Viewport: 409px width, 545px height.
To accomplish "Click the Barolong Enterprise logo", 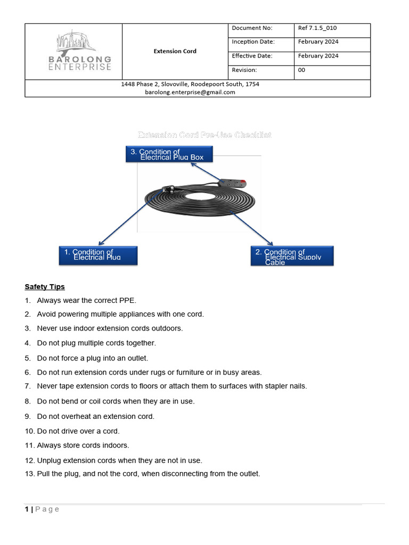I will tap(84, 51).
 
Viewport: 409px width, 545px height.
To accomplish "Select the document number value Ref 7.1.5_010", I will tap(317, 28).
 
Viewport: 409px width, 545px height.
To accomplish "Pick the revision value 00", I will tap(301, 70).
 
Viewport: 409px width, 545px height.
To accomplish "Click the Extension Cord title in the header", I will tap(175, 51).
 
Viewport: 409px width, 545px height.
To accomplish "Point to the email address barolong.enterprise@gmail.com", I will tap(190, 92).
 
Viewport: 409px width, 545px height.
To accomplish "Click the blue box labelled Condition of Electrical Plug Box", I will tap(169, 154).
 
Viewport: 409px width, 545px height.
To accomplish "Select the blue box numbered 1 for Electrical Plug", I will tap(98, 255).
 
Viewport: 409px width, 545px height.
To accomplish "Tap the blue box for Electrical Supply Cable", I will tap(292, 255).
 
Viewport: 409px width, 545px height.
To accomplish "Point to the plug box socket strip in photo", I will tap(233, 184).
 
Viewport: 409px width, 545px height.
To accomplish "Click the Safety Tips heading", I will tap(45, 287).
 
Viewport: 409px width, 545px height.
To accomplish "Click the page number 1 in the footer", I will tap(27, 509).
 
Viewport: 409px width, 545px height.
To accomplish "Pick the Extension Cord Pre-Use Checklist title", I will tap(205, 135).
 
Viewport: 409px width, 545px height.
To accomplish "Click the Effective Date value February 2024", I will tap(318, 56).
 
